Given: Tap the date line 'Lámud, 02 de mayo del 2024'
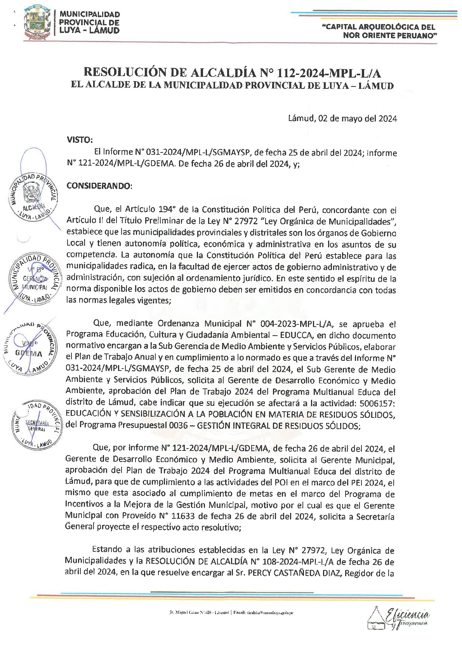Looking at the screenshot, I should tap(342, 119).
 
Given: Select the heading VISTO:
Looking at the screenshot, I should tap(80, 140).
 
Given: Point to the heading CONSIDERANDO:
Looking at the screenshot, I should tap(99, 186).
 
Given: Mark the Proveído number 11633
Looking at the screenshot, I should tap(195, 516).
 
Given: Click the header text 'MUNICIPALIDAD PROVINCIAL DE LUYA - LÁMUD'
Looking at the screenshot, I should tap(89, 23).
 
